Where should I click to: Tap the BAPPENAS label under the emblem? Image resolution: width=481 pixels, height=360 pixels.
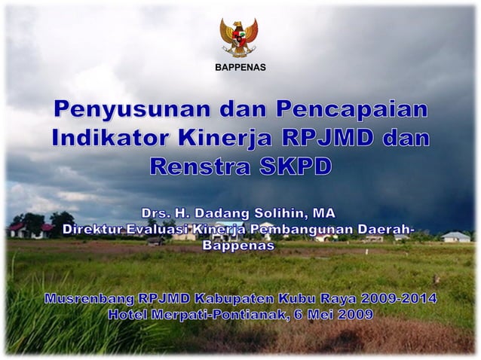[x=240, y=69]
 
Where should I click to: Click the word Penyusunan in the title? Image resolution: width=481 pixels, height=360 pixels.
[x=131, y=110]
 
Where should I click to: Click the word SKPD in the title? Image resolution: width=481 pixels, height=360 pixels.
[x=294, y=166]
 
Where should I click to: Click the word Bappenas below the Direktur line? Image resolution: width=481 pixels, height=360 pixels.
[x=239, y=245]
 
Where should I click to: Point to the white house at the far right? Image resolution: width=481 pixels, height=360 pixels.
[x=455, y=236]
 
